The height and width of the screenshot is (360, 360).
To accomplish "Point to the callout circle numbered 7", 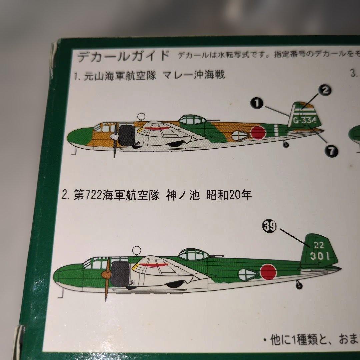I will [x=331, y=151].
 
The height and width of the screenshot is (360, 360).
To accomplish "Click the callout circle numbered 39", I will [x=269, y=226].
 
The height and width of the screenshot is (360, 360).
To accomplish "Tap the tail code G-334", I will [x=305, y=121].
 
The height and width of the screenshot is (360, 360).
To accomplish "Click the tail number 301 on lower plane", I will [x=319, y=256].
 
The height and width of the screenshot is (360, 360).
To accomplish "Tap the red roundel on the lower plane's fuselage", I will [x=268, y=271].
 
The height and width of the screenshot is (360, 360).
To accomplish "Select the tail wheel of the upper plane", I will [x=286, y=144].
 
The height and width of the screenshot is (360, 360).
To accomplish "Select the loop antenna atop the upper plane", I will [x=141, y=116].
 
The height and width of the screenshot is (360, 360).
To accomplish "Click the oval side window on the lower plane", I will [x=247, y=274].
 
